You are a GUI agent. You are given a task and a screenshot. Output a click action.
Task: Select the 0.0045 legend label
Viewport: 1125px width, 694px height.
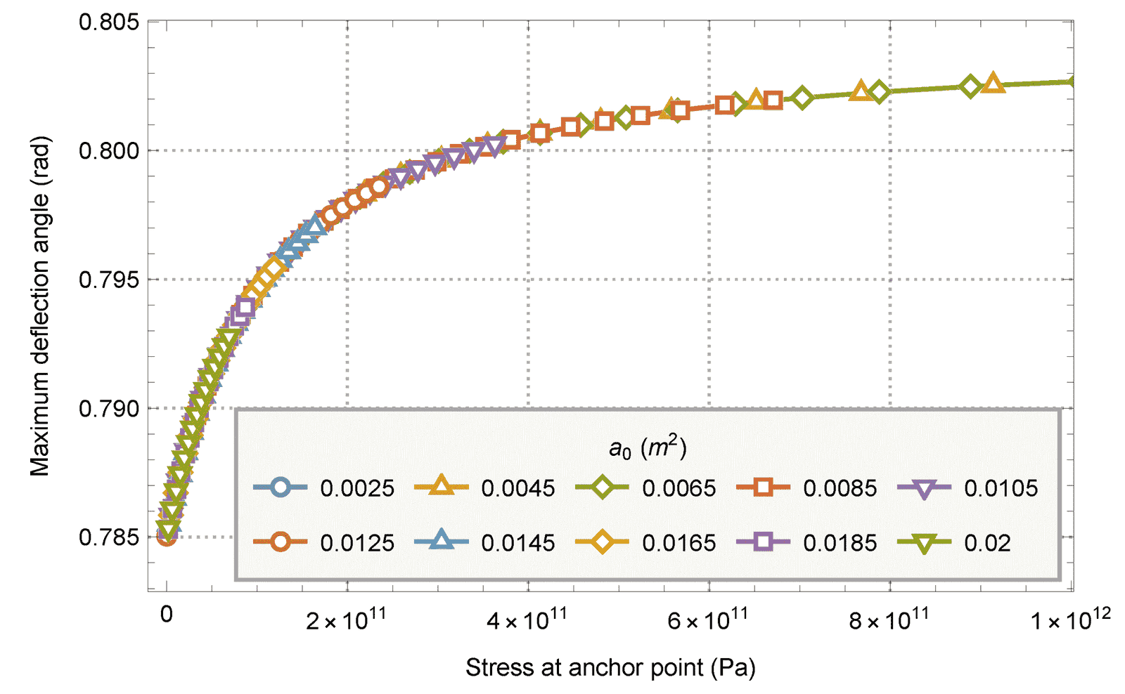pos(517,488)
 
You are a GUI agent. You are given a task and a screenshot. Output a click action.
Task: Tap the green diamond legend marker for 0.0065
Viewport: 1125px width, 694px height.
pos(602,487)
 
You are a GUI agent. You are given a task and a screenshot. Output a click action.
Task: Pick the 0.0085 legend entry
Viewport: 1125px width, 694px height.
pos(840,488)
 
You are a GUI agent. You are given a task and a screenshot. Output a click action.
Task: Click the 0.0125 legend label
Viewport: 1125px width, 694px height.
pos(357,543)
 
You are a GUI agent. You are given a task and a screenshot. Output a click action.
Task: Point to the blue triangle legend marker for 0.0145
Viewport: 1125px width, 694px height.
pos(441,541)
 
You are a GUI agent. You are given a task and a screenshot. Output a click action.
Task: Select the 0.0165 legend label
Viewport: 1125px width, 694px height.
pos(679,543)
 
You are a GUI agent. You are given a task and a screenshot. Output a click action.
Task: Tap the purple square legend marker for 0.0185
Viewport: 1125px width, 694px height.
pos(763,542)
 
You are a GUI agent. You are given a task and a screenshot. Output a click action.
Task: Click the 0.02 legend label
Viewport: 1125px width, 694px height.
pos(987,543)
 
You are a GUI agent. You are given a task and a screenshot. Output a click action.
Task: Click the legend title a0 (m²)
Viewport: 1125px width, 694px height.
pos(648,447)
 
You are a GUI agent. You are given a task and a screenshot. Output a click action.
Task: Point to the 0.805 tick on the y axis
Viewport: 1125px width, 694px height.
pos(108,22)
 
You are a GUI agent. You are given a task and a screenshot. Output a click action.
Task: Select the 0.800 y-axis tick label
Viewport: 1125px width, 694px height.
pos(108,150)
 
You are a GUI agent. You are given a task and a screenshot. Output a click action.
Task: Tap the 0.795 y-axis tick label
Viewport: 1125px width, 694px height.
pos(108,280)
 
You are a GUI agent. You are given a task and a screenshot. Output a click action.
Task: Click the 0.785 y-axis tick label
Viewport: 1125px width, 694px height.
pos(108,537)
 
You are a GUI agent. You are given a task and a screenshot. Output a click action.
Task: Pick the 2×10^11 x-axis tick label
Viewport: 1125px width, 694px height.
pos(346,619)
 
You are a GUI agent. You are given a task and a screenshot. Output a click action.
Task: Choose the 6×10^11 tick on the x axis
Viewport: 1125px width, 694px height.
pos(707,619)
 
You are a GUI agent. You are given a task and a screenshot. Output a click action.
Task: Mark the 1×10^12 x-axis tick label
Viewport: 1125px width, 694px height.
pos(1070,619)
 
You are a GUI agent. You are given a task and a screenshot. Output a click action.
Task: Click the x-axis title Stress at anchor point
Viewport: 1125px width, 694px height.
pos(610,667)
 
